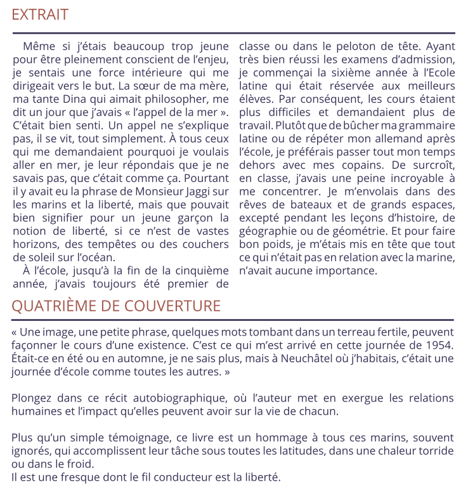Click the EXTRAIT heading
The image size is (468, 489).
40,15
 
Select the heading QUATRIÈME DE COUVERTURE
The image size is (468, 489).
116,306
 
